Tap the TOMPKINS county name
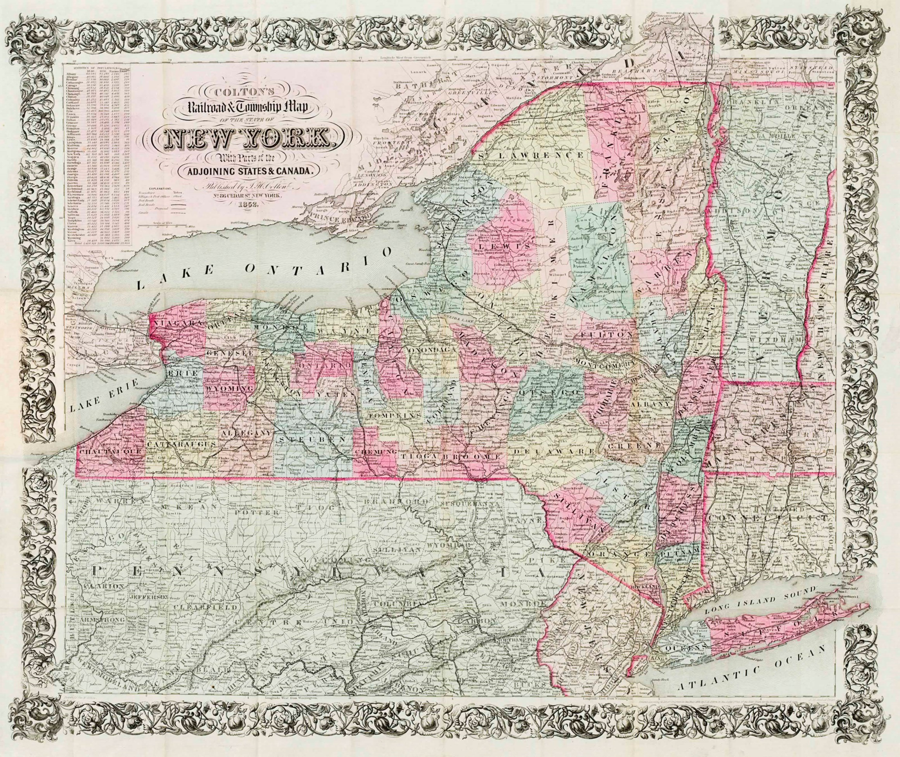tap(388, 416)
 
